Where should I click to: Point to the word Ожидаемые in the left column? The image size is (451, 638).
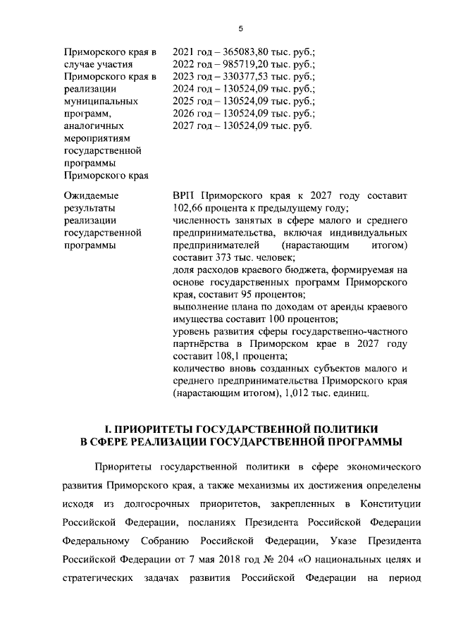91,195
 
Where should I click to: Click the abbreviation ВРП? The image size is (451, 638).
184,195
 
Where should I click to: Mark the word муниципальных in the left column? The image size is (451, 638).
101,102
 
